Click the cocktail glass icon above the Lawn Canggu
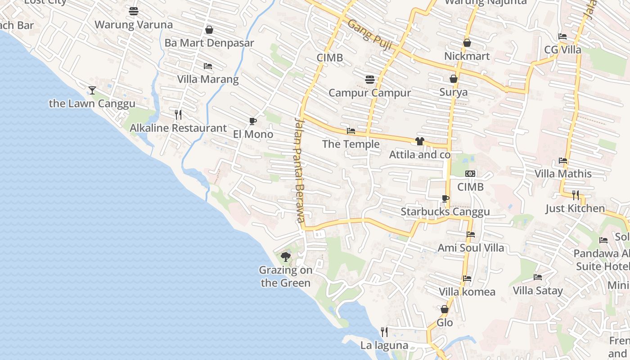pos(92,90)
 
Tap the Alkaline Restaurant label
pos(178,128)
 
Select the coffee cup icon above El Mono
pos(253,121)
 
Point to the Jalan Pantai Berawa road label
pos(300,170)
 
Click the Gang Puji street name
pos(370,35)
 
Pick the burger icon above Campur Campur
pos(370,80)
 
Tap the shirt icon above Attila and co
pos(420,141)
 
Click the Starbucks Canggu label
pos(445,211)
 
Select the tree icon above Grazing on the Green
pos(285,257)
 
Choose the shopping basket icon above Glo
pos(445,309)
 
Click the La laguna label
pos(384,346)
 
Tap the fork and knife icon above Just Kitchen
pos(576,195)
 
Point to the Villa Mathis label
pos(563,174)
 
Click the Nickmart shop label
pos(467,56)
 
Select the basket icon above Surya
pos(454,79)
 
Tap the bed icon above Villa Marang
pos(207,66)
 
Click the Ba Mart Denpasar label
pos(209,43)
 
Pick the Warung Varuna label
pos(134,25)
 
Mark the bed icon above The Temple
pos(351,131)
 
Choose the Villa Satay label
pos(538,291)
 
